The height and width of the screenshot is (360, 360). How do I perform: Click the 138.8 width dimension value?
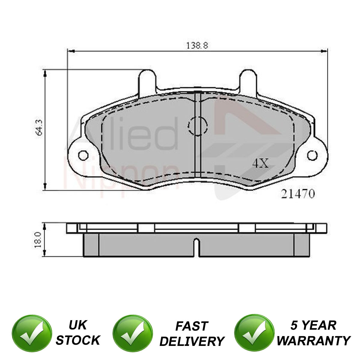click(197, 45)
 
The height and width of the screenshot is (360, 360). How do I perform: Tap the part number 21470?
click(298, 194)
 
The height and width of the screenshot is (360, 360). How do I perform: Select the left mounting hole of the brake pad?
click(83, 155)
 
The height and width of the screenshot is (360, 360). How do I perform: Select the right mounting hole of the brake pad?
click(312, 155)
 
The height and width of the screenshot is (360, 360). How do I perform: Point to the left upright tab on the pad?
click(147, 82)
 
